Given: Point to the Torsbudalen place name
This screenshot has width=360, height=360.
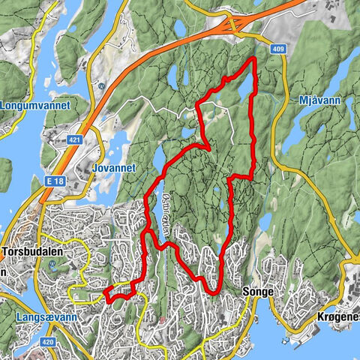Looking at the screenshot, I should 37,253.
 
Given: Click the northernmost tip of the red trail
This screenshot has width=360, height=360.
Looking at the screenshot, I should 255,58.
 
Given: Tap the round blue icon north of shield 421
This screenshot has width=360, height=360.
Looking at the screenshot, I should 100,85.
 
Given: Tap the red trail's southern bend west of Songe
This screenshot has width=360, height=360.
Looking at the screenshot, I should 213,289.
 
